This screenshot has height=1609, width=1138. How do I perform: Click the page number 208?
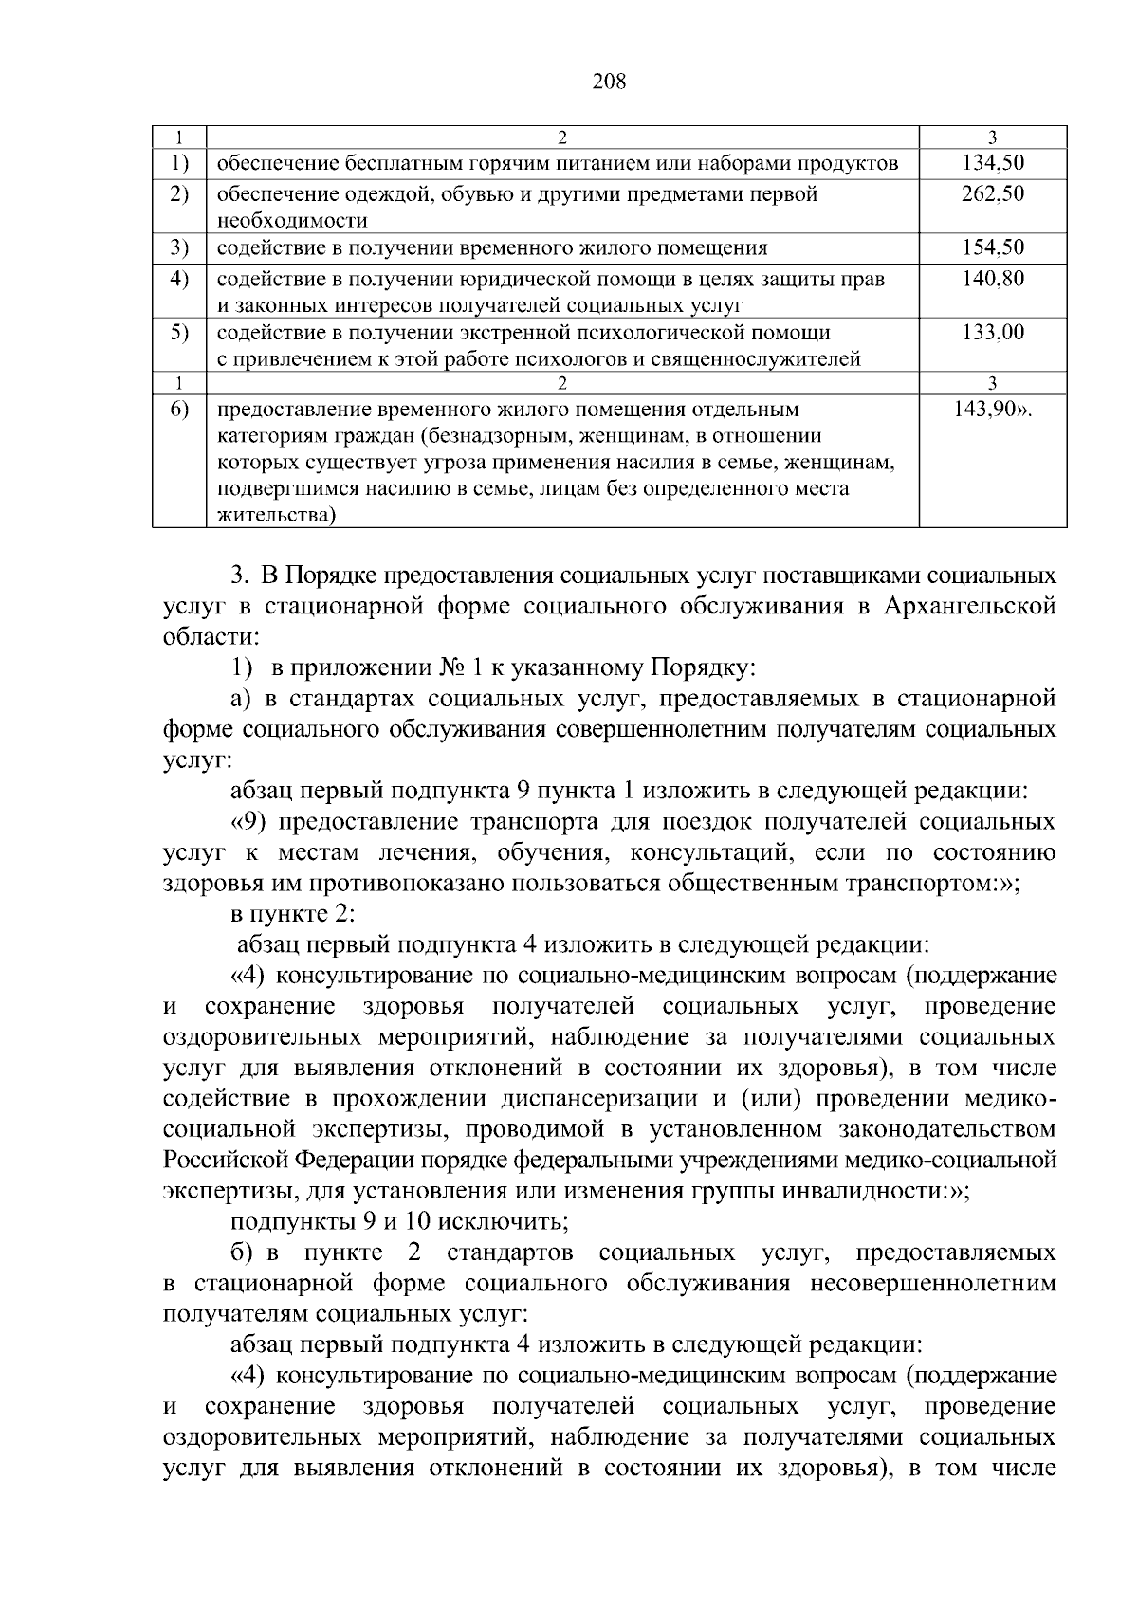point(609,82)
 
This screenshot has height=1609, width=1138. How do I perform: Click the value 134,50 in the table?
point(993,163)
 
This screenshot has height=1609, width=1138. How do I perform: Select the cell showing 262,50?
point(993,194)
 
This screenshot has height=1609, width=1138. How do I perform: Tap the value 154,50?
point(993,248)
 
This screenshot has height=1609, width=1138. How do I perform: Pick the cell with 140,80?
point(993,279)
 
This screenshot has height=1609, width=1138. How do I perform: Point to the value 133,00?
point(993,333)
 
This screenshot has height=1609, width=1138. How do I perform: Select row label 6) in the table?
point(179,410)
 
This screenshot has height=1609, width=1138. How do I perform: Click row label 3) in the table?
point(179,248)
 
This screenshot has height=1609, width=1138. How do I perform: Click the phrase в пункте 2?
point(293,914)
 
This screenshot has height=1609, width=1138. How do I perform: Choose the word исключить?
point(509,1221)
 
